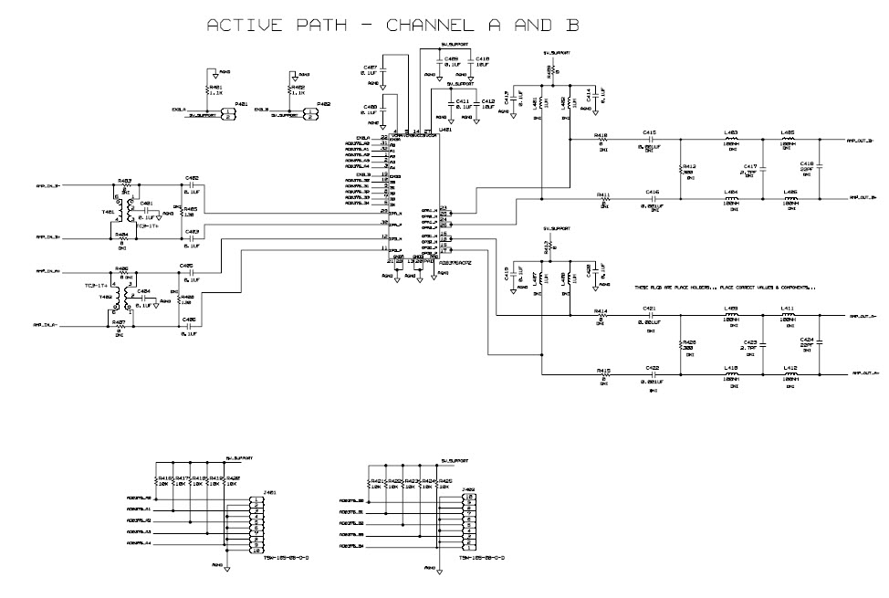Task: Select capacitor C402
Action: [192, 186]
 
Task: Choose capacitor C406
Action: [189, 325]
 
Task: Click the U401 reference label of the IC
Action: [445, 130]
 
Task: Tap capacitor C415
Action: [649, 140]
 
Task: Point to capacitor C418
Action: [818, 167]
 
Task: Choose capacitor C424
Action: [818, 344]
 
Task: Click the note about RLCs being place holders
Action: [725, 288]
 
